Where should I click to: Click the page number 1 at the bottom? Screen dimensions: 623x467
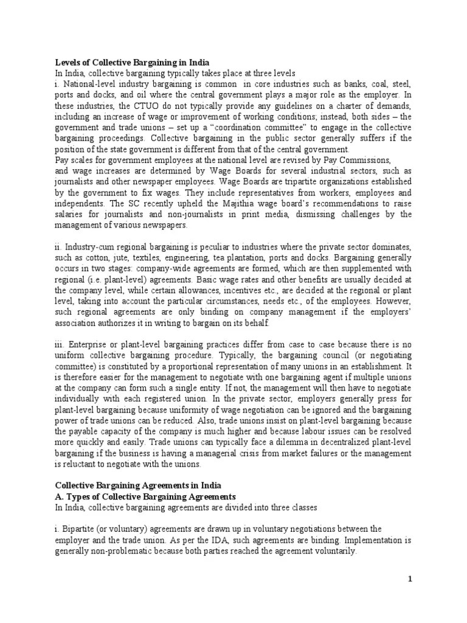pyautogui.click(x=410, y=579)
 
